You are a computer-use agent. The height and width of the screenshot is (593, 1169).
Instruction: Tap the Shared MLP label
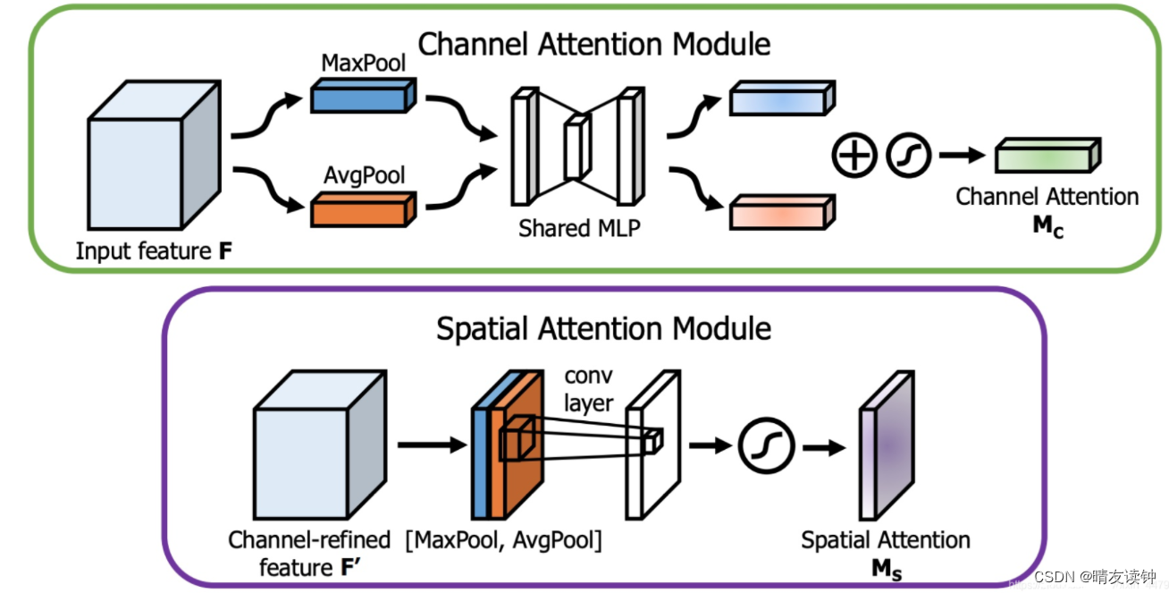pyautogui.click(x=579, y=228)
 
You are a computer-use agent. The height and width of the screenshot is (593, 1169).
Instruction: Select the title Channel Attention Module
pyautogui.click(x=594, y=44)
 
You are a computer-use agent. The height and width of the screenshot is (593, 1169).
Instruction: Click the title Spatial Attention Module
pyautogui.click(x=603, y=328)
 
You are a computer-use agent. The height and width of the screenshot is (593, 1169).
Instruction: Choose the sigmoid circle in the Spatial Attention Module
pyautogui.click(x=766, y=445)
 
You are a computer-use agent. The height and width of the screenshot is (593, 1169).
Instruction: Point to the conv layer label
pyautogui.click(x=588, y=389)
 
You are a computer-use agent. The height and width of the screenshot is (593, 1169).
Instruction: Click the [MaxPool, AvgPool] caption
pyautogui.click(x=503, y=540)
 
